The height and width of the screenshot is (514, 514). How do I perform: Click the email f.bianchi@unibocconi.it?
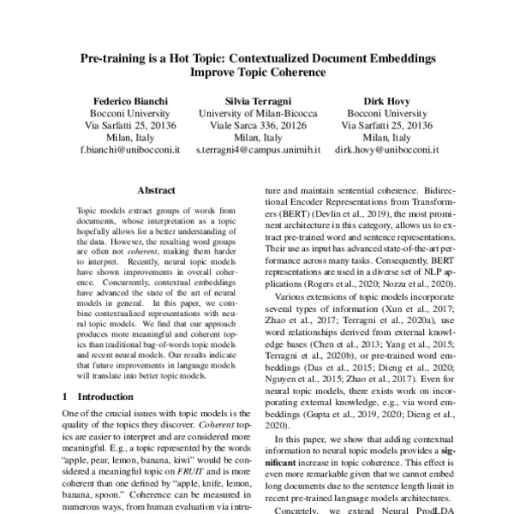click(x=129, y=149)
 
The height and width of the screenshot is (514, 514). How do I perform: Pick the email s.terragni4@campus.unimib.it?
click(x=257, y=149)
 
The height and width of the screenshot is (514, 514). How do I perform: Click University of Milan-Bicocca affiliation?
click(x=257, y=111)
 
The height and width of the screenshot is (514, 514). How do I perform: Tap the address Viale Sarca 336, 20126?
click(x=257, y=123)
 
